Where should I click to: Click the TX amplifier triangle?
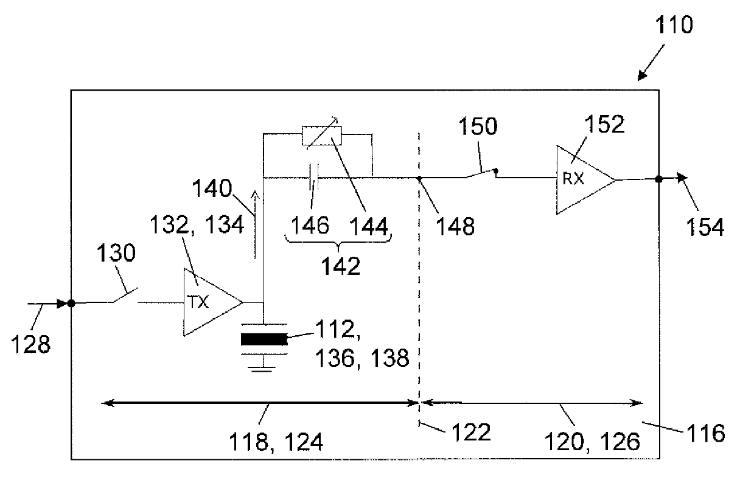tap(210, 302)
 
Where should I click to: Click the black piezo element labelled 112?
tap(264, 339)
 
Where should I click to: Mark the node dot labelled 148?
tap(419, 178)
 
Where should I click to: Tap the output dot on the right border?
tap(658, 179)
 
